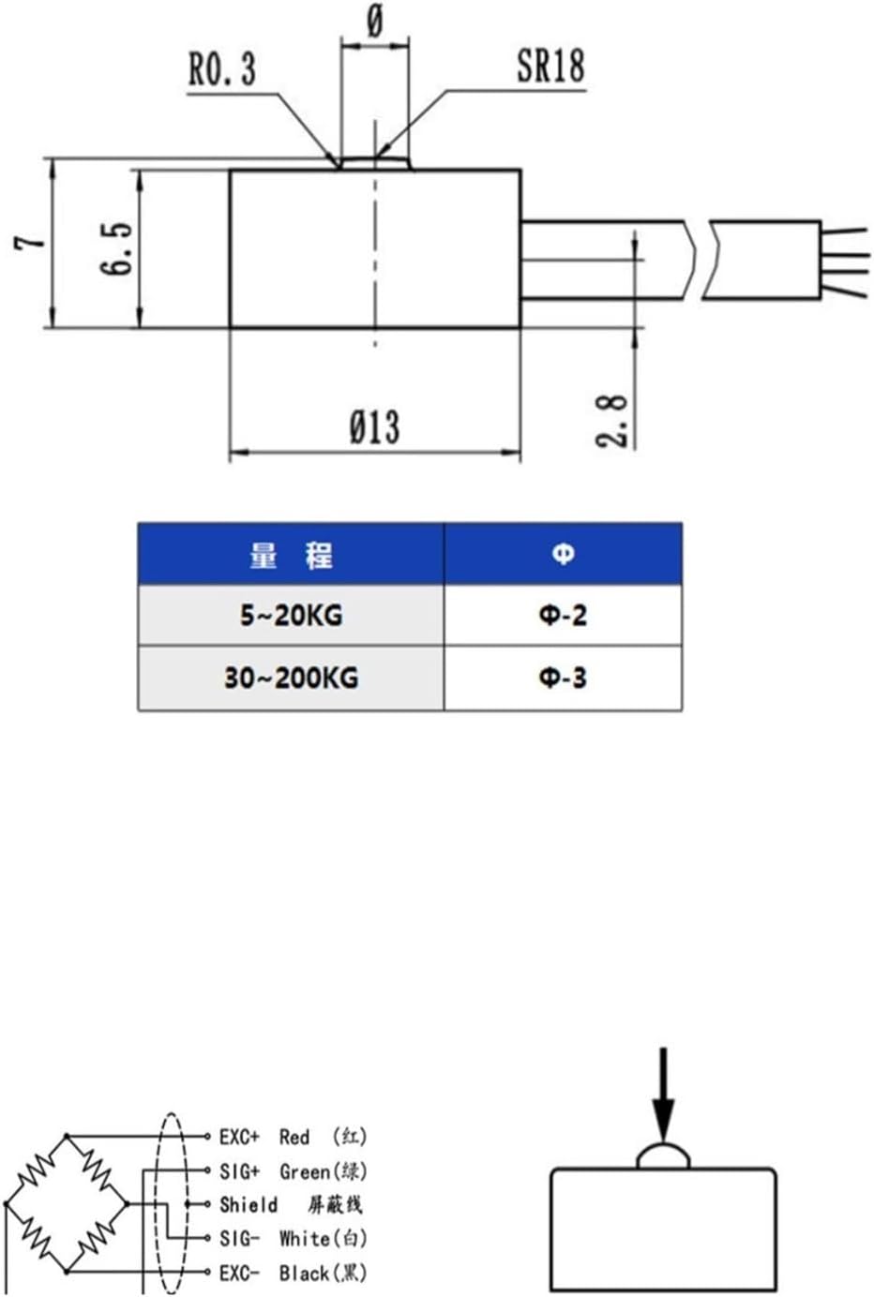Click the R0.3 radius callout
click(222, 69)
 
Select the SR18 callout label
click(550, 66)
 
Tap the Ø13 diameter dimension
click(374, 427)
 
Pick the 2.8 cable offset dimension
click(612, 420)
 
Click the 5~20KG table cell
click(291, 616)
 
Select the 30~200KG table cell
click(291, 678)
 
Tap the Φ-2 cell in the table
click(563, 616)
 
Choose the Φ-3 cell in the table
click(563, 678)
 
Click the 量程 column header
click(291, 555)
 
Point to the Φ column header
click(563, 555)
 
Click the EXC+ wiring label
click(239, 1137)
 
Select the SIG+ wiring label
click(239, 1171)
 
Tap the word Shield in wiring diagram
click(249, 1204)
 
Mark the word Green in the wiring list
click(305, 1171)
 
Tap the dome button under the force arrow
click(663, 1156)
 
